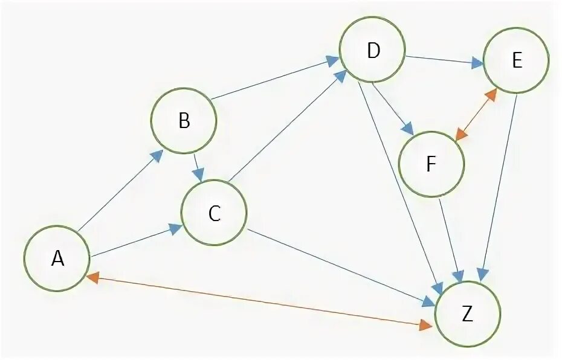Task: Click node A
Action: coord(57,259)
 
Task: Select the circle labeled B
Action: coord(184,121)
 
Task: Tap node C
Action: coord(215,213)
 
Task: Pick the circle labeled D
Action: coord(372,51)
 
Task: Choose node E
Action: coord(516,61)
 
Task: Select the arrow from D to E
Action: coord(444,60)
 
